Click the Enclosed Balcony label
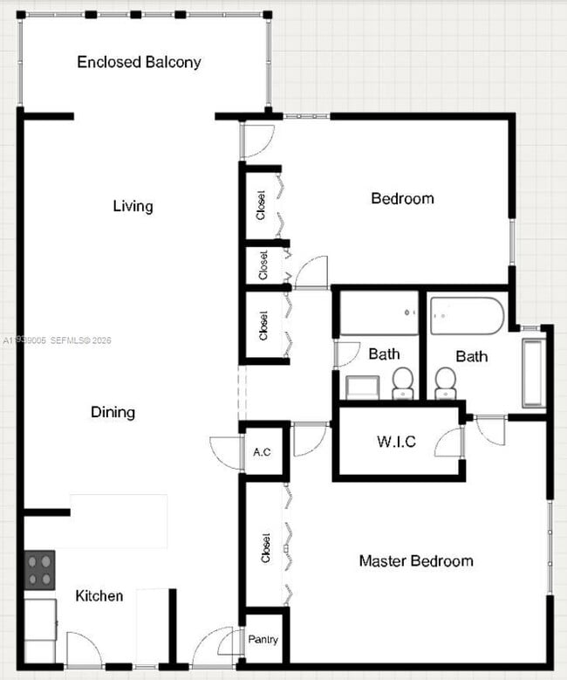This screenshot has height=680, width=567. pyautogui.click(x=139, y=62)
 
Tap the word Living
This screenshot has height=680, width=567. pyautogui.click(x=133, y=206)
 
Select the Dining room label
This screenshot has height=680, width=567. pyautogui.click(x=113, y=411)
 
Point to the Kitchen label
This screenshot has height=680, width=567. pyautogui.click(x=99, y=596)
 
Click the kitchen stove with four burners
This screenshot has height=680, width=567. pyautogui.click(x=39, y=570)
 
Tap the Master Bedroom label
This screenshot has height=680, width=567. pyautogui.click(x=416, y=560)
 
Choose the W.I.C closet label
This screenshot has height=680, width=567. pyautogui.click(x=396, y=442)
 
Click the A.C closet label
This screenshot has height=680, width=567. pyautogui.click(x=262, y=452)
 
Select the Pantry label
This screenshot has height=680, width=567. pyautogui.click(x=263, y=640)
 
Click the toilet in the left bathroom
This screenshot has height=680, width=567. pyautogui.click(x=402, y=381)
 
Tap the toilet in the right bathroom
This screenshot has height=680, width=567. pyautogui.click(x=446, y=381)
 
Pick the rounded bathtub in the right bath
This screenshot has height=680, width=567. pyautogui.click(x=467, y=315)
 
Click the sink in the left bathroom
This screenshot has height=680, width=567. pyautogui.click(x=361, y=387)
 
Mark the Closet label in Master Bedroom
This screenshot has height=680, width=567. pyautogui.click(x=264, y=546)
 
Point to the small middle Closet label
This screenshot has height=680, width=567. pyautogui.click(x=263, y=265)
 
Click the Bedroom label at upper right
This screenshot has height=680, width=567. pyautogui.click(x=402, y=198)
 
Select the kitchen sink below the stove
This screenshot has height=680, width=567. pyautogui.click(x=40, y=619)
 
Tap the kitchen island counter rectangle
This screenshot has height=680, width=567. pyautogui.click(x=119, y=520)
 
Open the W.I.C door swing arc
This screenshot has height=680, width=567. pyautogui.click(x=450, y=443)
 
